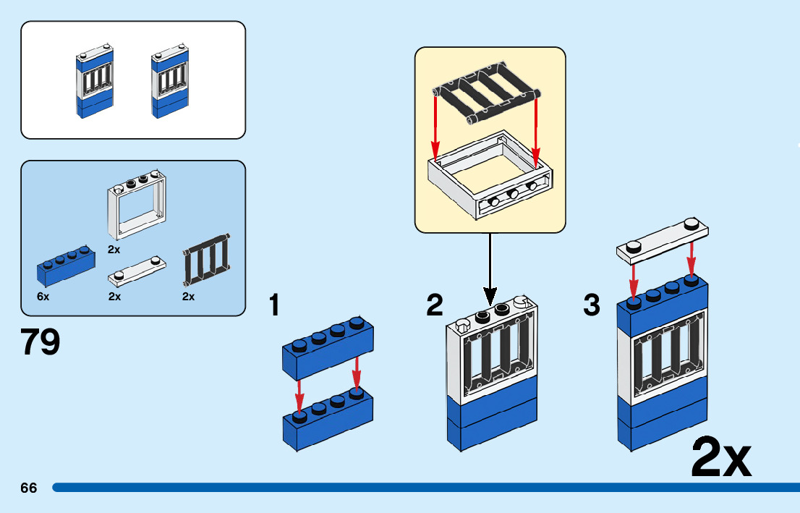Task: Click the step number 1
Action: [x=274, y=305]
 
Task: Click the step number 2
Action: [x=434, y=305]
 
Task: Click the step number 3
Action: [x=592, y=305]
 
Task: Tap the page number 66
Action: [x=29, y=488]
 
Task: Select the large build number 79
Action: [x=41, y=342]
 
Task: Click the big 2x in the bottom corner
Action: [x=721, y=457]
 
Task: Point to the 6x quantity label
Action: [x=43, y=297]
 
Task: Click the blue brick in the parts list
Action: [x=65, y=265]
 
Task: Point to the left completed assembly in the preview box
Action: [x=95, y=84]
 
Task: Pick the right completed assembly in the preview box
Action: [x=170, y=84]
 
